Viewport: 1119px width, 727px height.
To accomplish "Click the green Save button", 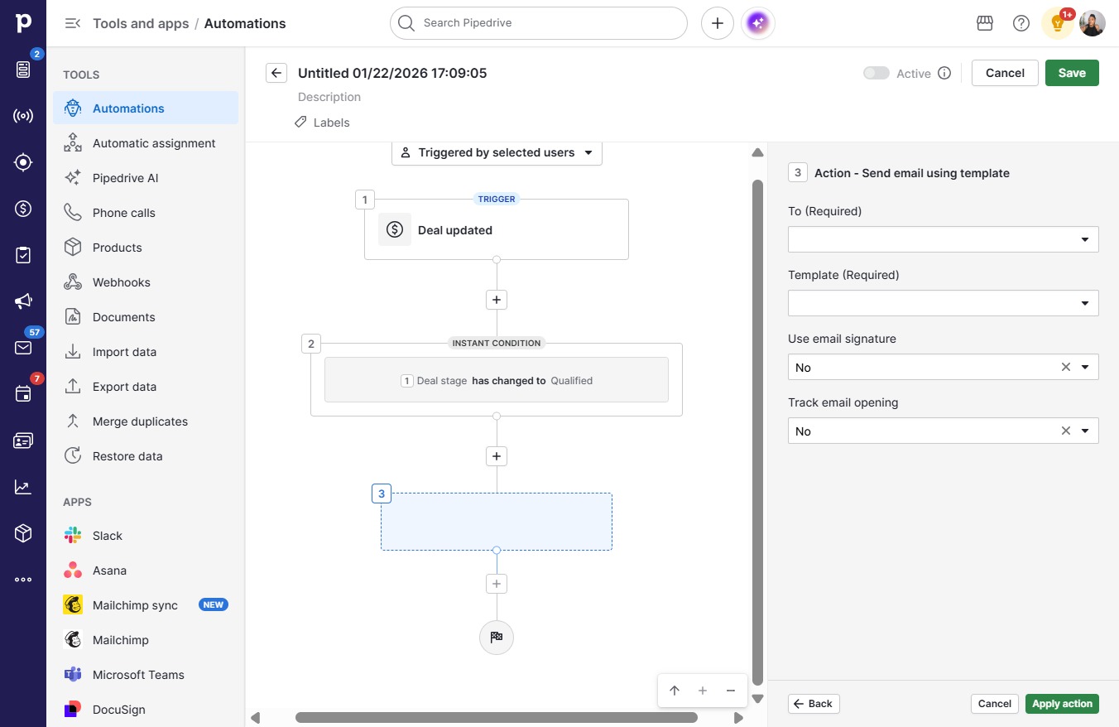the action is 1072,73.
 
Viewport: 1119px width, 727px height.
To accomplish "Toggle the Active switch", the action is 876,73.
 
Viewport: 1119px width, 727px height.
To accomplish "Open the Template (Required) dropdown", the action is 944,303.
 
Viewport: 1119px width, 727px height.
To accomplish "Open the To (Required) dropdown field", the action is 944,239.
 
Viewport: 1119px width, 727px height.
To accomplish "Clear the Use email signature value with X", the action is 1065,368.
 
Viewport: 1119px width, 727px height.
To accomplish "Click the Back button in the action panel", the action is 814,704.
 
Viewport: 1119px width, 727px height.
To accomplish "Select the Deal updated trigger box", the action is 496,229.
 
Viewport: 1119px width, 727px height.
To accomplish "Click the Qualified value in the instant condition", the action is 571,381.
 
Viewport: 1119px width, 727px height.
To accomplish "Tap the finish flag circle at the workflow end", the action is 496,637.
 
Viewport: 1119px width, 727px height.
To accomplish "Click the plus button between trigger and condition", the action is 496,300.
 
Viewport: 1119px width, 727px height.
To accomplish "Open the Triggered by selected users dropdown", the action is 497,152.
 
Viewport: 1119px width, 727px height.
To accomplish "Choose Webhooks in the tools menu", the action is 121,282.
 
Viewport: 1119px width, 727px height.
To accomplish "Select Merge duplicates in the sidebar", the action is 140,421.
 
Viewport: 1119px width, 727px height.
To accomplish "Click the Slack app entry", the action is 107,536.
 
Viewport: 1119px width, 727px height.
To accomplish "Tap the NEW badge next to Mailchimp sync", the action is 214,604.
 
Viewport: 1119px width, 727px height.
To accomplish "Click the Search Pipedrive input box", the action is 538,23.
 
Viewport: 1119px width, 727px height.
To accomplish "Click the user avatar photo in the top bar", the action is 1092,23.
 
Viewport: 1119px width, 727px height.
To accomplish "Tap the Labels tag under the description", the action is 322,123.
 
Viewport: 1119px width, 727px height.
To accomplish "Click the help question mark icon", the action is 1021,23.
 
